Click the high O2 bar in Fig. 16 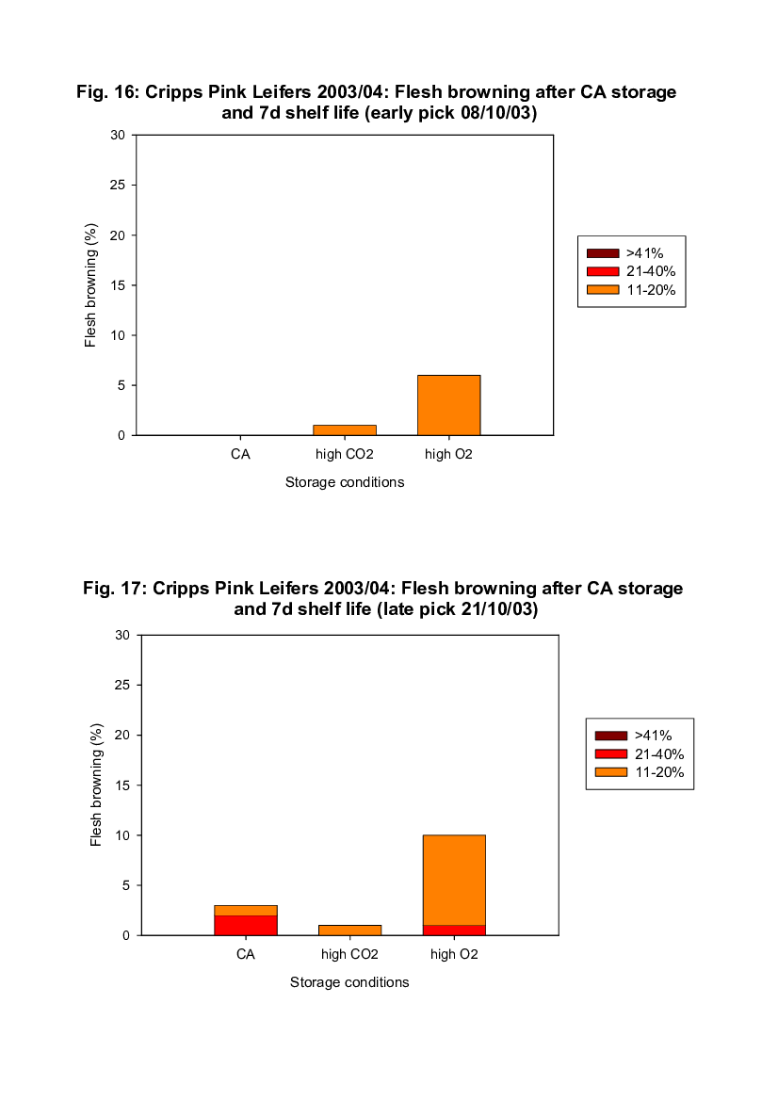[448, 405]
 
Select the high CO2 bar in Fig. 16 [345, 429]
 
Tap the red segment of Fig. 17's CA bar [245, 925]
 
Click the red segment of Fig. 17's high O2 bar [454, 930]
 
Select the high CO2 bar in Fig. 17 [349, 930]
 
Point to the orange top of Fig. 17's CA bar [245, 910]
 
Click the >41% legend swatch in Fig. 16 [602, 252]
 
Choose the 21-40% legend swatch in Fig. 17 [609, 753]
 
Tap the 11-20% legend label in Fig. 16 [651, 290]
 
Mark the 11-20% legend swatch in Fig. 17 [609, 772]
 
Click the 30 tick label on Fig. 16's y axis [118, 135]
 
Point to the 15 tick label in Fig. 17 [123, 785]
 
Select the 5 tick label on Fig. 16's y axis [122, 385]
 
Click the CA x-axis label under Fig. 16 [240, 455]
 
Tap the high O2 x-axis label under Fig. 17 [454, 955]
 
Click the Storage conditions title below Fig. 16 [345, 482]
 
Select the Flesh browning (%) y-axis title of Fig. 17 [96, 785]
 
